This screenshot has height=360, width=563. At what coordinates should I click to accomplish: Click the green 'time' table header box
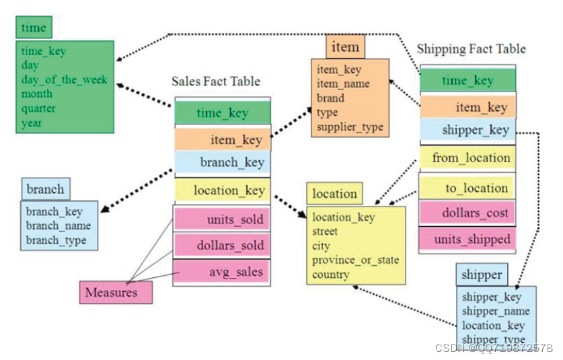(34, 28)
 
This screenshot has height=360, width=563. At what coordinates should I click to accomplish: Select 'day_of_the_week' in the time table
(64, 79)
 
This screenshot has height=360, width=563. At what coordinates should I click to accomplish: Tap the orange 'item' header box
(346, 47)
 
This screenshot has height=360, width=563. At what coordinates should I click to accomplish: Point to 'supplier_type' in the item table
(350, 127)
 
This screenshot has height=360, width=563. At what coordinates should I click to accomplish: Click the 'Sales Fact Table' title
(216, 81)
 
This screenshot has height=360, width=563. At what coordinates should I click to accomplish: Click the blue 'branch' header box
(45, 189)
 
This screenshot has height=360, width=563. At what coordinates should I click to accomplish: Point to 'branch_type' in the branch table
(57, 240)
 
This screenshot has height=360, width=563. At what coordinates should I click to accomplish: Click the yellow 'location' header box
(334, 194)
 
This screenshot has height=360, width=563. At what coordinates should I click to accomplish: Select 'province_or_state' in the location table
(355, 260)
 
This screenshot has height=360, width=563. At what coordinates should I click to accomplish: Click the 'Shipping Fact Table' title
(471, 49)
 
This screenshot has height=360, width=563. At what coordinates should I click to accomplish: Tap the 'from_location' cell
(471, 158)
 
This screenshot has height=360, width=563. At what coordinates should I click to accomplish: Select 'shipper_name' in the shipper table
(496, 311)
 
